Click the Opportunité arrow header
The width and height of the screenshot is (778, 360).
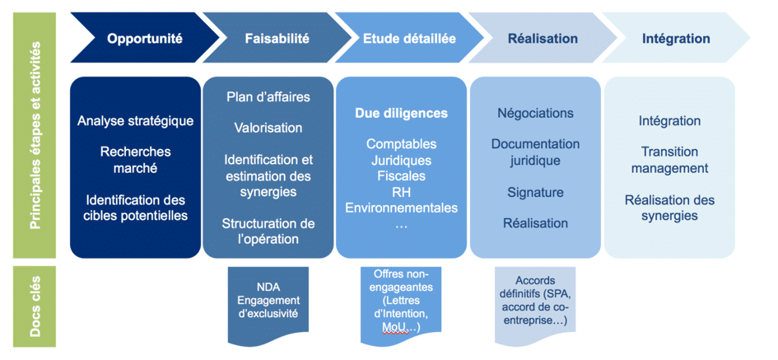[x=144, y=38]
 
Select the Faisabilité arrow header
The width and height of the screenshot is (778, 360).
[x=277, y=38]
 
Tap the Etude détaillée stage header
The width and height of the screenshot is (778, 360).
[x=409, y=38]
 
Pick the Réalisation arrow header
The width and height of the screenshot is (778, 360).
[x=543, y=38]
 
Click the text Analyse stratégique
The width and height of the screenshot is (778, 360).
[x=136, y=121]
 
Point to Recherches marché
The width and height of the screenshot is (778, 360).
[x=136, y=160]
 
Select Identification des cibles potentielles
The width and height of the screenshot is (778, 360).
[x=136, y=208]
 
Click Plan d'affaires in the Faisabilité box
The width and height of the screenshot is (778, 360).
[x=268, y=97]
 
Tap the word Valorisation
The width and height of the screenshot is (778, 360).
[x=268, y=128]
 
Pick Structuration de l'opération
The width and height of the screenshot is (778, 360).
[x=268, y=231]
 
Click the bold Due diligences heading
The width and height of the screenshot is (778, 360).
[x=401, y=113]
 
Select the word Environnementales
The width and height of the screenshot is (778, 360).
[x=401, y=208]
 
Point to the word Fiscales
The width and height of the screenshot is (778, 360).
[x=401, y=175]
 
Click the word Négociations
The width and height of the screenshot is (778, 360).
[x=535, y=113]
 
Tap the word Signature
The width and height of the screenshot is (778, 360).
[x=535, y=192]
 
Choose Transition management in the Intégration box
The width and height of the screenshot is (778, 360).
[x=669, y=160]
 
